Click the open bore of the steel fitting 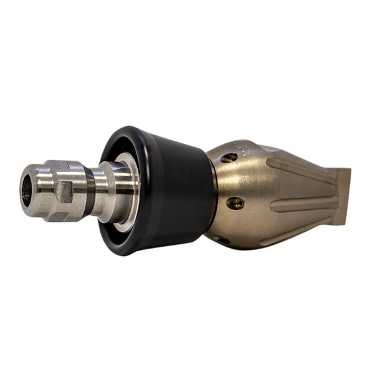[27, 189]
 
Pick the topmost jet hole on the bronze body [229, 158]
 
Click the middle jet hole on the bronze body [235, 203]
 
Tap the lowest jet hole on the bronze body [222, 239]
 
